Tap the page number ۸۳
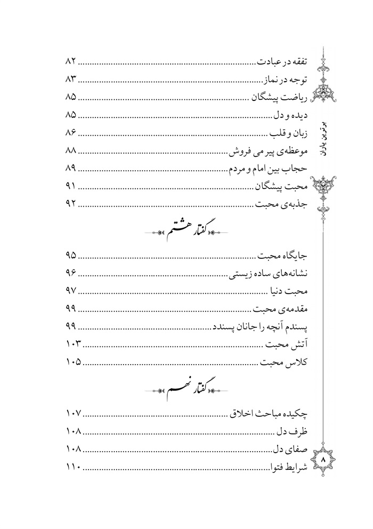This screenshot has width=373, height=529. coord(71,80)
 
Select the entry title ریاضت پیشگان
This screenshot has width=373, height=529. coord(280,98)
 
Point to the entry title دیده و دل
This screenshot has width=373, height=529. coord(291,115)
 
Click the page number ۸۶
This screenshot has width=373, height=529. coord(71,133)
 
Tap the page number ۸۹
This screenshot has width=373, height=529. coord(71,169)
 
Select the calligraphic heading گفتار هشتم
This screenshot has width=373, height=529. coord(184,230)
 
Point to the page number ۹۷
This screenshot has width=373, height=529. coord(71,291)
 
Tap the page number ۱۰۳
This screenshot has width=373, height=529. coord(72,345)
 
